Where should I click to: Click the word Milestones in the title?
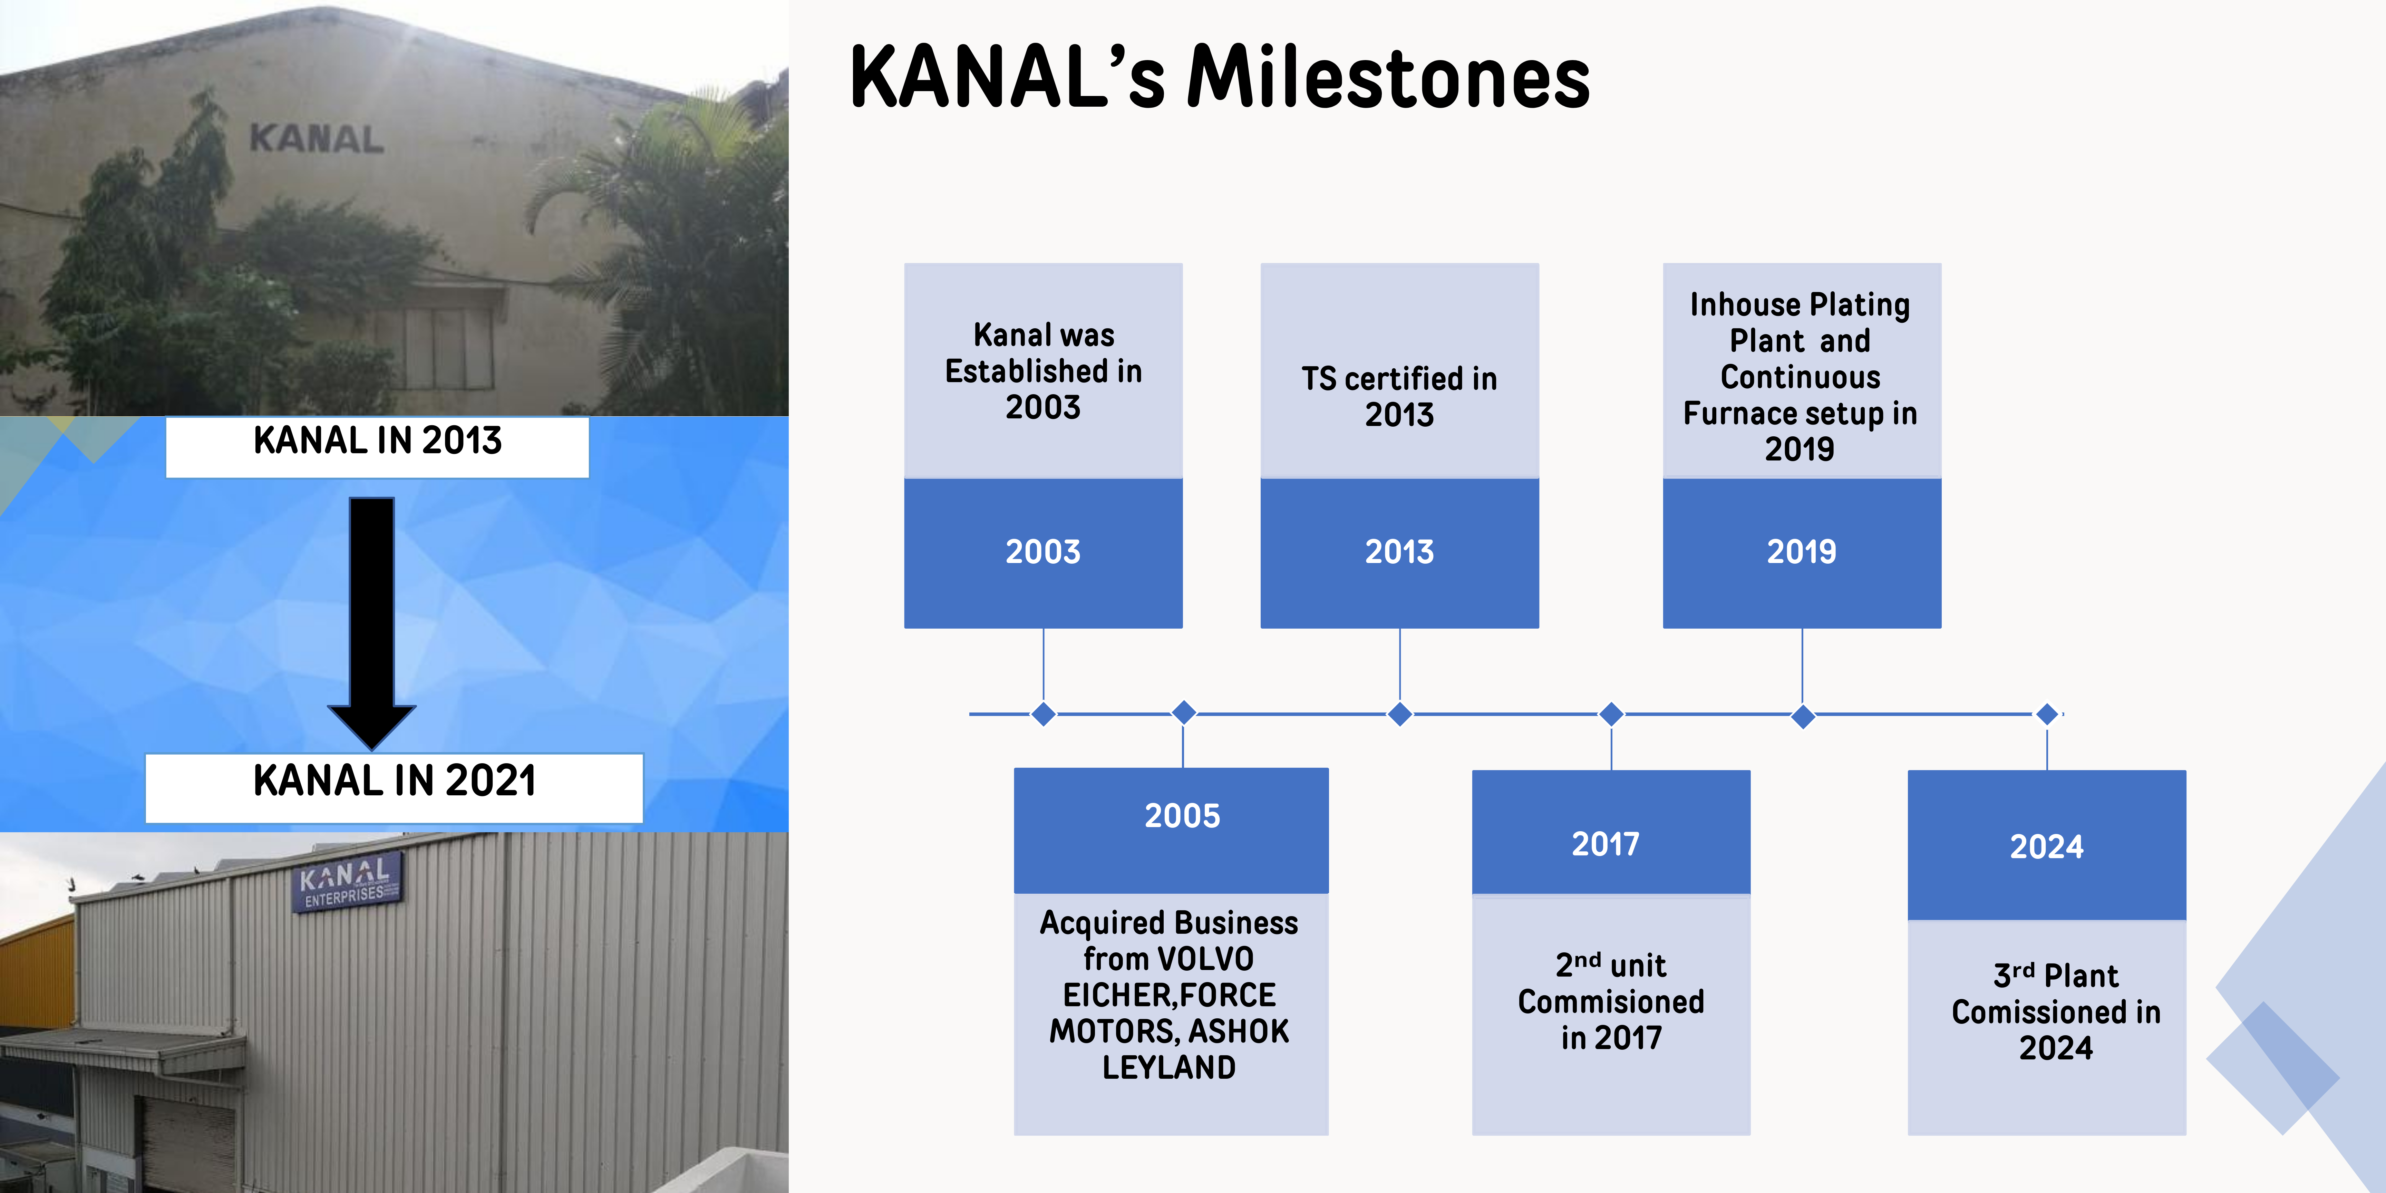coord(1388,78)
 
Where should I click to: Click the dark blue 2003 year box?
coord(1043,553)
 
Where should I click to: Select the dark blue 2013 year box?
coord(1399,553)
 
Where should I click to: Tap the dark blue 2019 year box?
coord(1802,553)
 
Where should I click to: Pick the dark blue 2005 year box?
coord(1171,830)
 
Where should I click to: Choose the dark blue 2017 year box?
coord(1611,832)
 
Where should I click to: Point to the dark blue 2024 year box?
coord(2047,845)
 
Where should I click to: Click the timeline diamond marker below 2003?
coord(1044,714)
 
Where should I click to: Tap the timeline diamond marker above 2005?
coord(1184,712)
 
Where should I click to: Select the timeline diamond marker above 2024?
coord(2047,714)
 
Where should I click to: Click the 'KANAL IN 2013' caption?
coord(377,441)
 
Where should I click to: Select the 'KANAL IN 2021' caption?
coord(395,781)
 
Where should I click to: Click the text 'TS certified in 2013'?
coord(1399,396)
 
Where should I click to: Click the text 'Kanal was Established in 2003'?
coord(1043,370)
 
